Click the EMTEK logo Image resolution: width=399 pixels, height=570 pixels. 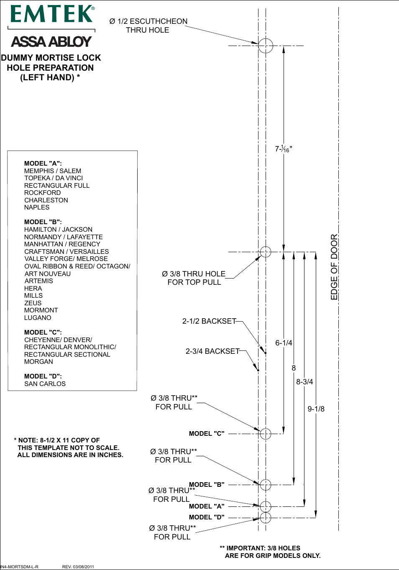click(52, 14)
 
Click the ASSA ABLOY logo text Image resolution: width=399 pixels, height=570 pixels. click(51, 42)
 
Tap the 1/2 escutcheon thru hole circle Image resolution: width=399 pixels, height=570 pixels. click(265, 46)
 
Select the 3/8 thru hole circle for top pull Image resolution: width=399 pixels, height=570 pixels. click(266, 252)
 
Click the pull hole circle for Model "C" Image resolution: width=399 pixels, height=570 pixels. click(266, 434)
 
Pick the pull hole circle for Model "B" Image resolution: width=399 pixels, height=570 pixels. click(266, 485)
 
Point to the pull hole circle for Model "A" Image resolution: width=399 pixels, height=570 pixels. click(266, 506)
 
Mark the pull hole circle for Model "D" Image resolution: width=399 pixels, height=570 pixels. click(266, 518)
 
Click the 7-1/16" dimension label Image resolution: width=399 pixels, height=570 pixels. click(284, 149)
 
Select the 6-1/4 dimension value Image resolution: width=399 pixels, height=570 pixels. click(284, 343)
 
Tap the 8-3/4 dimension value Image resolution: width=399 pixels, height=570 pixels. click(304, 382)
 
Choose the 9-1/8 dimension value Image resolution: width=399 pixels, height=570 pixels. click(316, 409)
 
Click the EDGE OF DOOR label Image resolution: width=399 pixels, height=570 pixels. click(334, 267)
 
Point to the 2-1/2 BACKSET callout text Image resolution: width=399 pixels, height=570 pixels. click(209, 321)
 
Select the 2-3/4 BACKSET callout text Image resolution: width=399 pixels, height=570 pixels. click(212, 351)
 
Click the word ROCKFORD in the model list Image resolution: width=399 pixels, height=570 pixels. click(42, 193)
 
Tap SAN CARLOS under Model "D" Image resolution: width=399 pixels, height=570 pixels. click(45, 384)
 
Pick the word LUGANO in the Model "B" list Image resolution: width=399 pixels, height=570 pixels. click(38, 318)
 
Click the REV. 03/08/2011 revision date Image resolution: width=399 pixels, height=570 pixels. click(78, 567)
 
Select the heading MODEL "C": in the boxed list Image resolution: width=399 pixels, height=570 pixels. click(43, 332)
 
